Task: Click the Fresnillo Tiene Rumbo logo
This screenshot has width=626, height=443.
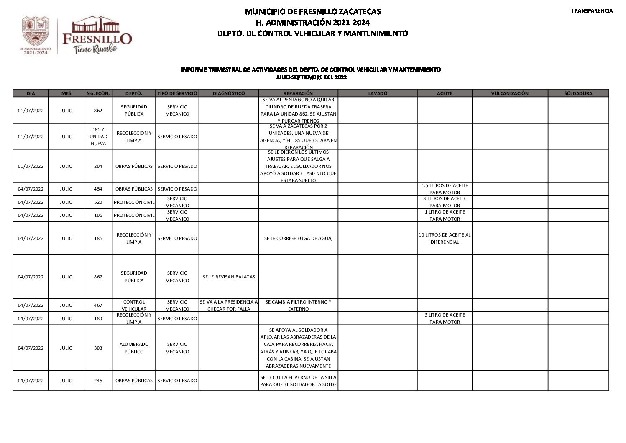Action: point(97,36)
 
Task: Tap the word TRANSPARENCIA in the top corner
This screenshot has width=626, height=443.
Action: point(592,11)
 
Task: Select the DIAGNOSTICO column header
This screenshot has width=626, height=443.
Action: point(228,93)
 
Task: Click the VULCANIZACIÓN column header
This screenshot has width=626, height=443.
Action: point(509,93)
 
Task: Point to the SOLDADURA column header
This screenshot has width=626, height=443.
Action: point(578,93)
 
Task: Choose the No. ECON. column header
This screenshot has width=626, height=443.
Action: point(98,93)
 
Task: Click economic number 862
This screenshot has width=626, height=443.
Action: point(98,111)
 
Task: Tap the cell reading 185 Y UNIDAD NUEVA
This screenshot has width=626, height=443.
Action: point(98,137)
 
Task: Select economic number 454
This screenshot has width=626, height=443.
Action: point(98,189)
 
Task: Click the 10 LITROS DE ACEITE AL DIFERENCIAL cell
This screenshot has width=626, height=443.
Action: point(444,238)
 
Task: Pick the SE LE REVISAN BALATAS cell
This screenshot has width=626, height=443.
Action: point(228,277)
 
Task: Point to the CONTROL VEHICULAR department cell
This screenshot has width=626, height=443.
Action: point(134,305)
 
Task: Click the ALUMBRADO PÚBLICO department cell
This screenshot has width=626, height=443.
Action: point(134,348)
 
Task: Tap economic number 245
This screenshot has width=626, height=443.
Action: point(98,381)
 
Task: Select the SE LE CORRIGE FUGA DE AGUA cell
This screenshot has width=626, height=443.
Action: point(298,238)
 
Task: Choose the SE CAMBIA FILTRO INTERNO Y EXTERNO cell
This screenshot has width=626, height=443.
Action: point(298,305)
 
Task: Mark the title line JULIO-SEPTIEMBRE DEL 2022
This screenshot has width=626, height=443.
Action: point(311,77)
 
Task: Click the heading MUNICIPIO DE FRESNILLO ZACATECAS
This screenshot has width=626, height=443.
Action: point(312,11)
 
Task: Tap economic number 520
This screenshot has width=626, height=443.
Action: point(98,202)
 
